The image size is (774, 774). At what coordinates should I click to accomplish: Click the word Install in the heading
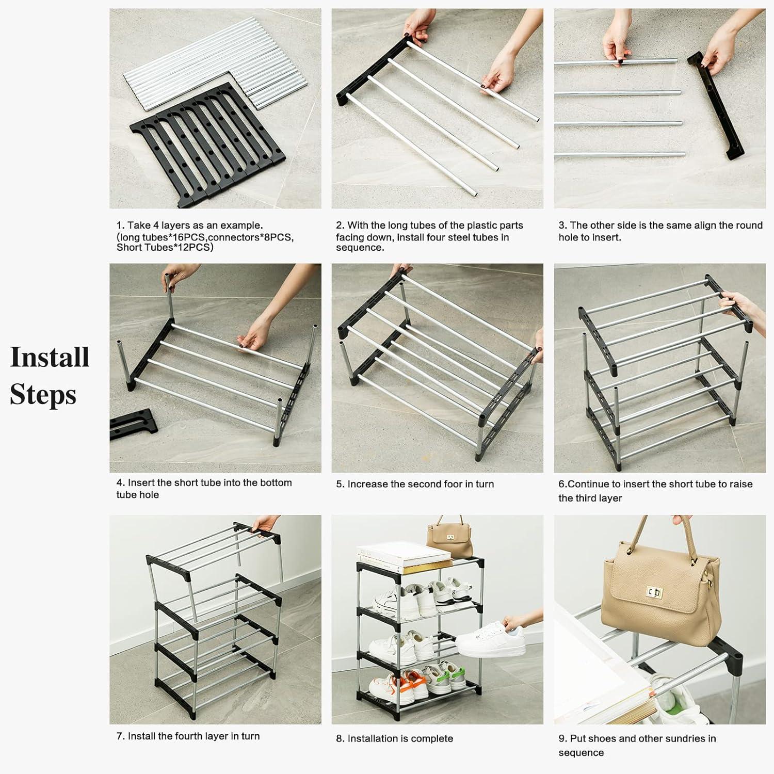(x=50, y=357)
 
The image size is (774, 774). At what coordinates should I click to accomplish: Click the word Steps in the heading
(x=43, y=395)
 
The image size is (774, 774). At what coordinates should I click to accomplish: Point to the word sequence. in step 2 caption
(x=360, y=248)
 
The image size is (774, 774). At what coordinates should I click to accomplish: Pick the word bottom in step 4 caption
(x=276, y=482)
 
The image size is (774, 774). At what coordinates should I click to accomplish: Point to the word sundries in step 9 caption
(x=693, y=738)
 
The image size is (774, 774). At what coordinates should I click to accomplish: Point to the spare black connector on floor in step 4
(x=132, y=425)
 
